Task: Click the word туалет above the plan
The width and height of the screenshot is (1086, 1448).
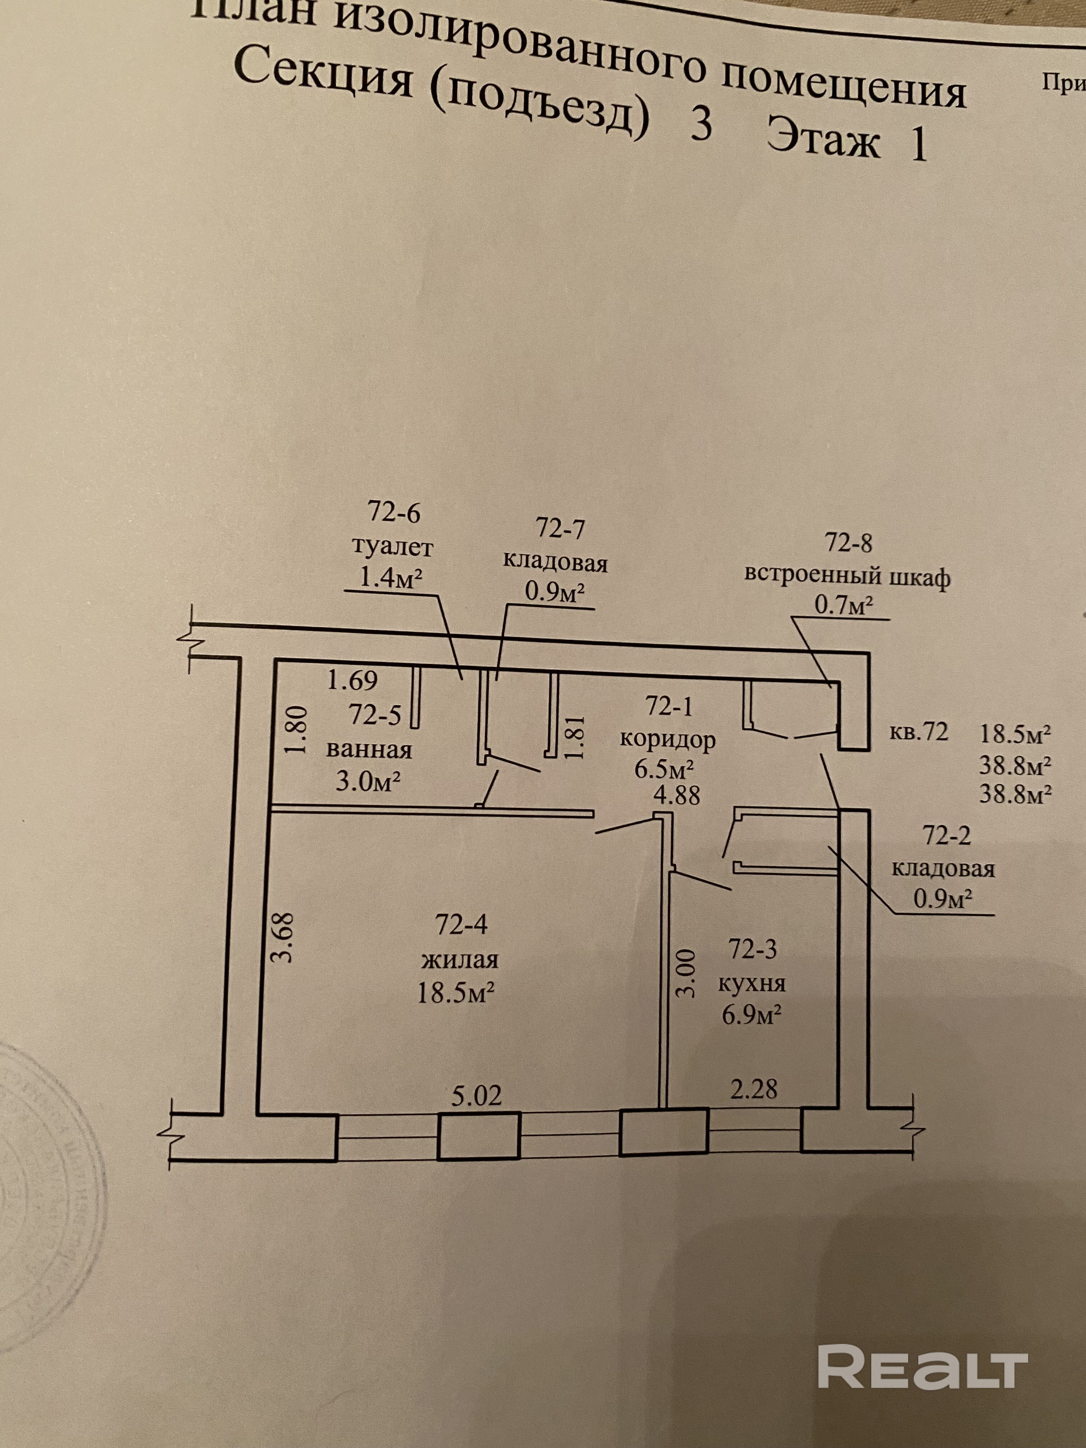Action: pyautogui.click(x=393, y=545)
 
